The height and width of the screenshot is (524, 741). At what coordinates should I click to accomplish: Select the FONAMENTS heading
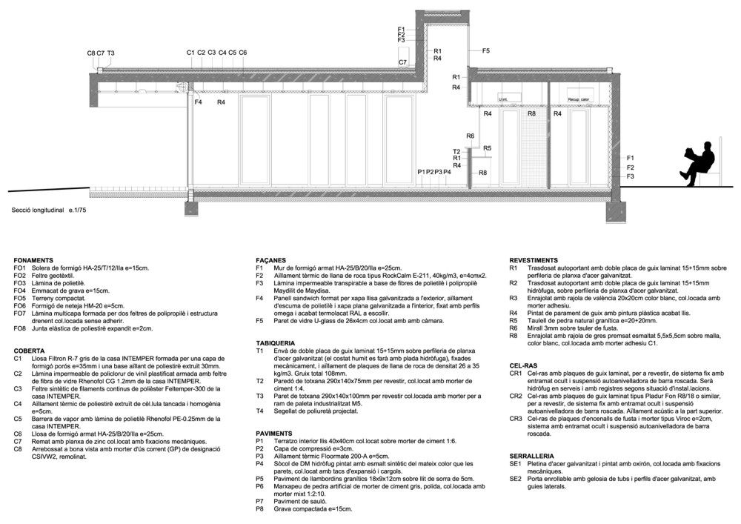(x=33, y=261)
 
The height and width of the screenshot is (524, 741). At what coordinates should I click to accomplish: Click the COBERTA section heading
(x=30, y=350)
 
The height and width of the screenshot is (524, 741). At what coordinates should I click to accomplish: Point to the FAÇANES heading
(x=271, y=261)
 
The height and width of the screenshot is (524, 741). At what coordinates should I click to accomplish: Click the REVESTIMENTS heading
(x=534, y=261)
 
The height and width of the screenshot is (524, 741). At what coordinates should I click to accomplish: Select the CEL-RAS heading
(x=523, y=365)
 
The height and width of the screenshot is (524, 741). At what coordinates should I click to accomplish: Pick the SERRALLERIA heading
(x=531, y=455)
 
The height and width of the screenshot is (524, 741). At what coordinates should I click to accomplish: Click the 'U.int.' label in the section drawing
(x=504, y=99)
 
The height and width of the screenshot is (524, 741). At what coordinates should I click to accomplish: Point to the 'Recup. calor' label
(x=579, y=99)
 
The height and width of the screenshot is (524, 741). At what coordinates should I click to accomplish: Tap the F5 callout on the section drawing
(x=486, y=50)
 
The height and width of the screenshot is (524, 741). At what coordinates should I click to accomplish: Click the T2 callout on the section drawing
(x=457, y=150)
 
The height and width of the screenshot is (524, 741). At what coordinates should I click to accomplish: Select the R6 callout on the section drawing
(x=471, y=136)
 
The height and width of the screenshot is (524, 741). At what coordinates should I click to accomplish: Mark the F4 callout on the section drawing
(x=198, y=102)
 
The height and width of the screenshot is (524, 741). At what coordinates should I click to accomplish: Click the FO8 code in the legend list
(x=20, y=328)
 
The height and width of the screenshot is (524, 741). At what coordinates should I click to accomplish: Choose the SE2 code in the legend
(x=516, y=478)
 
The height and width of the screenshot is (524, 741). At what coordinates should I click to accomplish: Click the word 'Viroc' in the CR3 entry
(x=669, y=418)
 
